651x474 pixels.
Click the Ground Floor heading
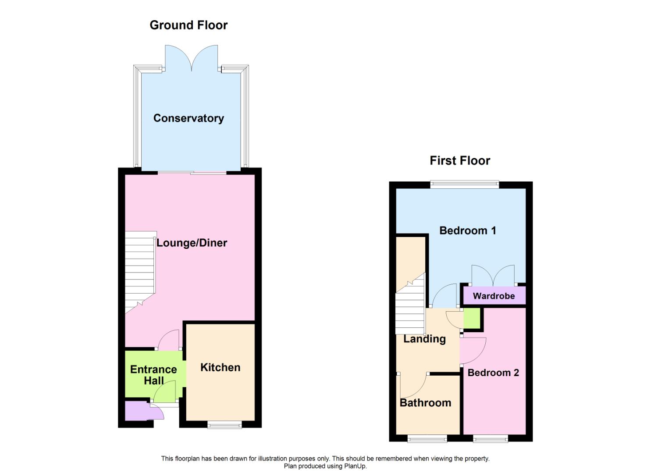point(189,25)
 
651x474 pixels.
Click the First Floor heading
point(460,161)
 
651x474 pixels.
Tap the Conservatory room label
point(189,118)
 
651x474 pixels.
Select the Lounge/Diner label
point(192,243)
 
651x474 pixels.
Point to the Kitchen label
point(220,367)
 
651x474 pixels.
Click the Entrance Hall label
point(153,375)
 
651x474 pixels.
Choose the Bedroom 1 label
point(467,230)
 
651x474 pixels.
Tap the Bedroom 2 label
point(493,373)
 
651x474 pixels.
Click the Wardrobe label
point(494,296)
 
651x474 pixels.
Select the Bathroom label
point(425,402)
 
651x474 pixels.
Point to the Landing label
point(424,339)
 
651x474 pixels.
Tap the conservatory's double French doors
point(192,59)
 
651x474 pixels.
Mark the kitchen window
point(224,424)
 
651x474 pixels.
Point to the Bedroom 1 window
point(465,185)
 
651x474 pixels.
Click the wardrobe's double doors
point(493,276)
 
